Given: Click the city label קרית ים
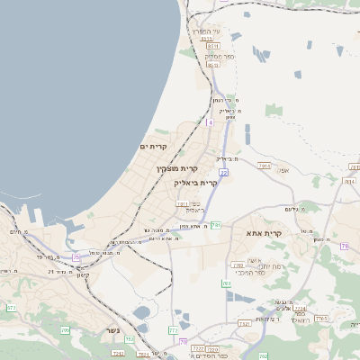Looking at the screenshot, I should pyautogui.click(x=154, y=147).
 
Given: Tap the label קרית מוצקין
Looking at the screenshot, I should pyautogui.click(x=177, y=168).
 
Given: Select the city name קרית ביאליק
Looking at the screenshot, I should pyautogui.click(x=196, y=183).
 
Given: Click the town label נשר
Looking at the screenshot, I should pyautogui.click(x=112, y=329).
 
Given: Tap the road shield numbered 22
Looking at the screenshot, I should pyautogui.click(x=223, y=172).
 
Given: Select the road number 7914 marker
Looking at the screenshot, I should pyautogui.click(x=183, y=204).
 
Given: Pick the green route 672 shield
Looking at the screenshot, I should pyautogui.click(x=12, y=308).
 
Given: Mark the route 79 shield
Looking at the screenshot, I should pyautogui.click(x=344, y=246).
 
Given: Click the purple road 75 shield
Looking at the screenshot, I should pyautogui.click(x=76, y=258).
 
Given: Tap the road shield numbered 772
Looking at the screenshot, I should pyautogui.click(x=173, y=330).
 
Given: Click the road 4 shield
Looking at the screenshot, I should pyautogui.click(x=210, y=121).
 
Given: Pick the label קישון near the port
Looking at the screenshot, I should pyautogui.click(x=85, y=274).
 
